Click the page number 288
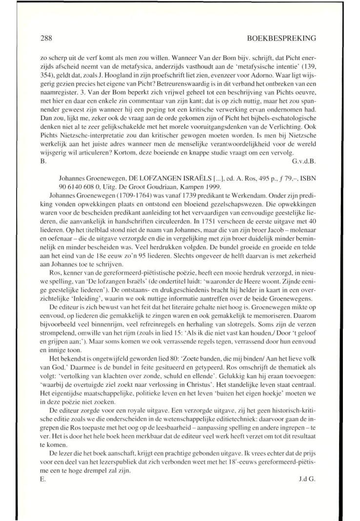[x=46, y=37]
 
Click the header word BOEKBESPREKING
[x=282, y=37]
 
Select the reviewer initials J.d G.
[x=307, y=479]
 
